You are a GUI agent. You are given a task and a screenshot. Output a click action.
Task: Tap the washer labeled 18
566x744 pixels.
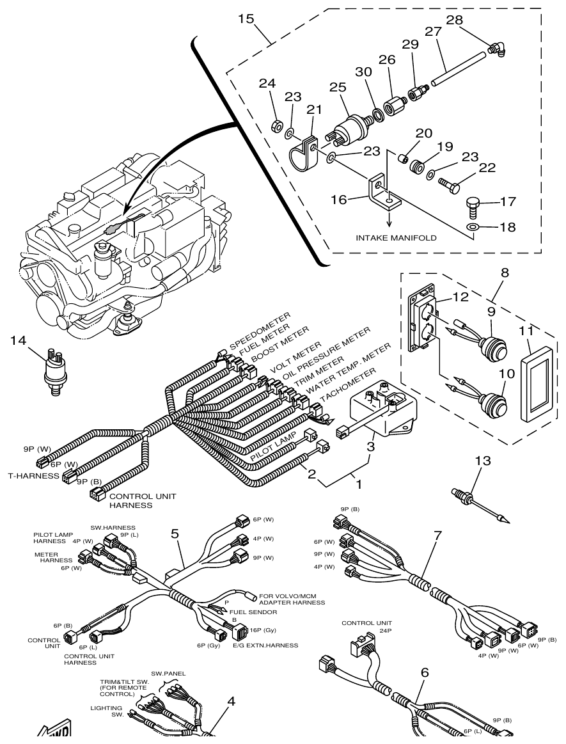(472, 227)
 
